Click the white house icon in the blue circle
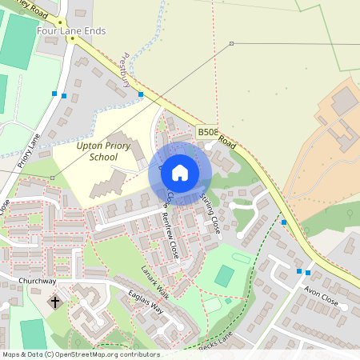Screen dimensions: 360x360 180,172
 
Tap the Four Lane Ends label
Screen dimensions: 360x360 72,31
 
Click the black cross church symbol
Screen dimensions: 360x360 55,302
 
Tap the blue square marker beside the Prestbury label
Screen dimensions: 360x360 141,94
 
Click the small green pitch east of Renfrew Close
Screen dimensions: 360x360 225,276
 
